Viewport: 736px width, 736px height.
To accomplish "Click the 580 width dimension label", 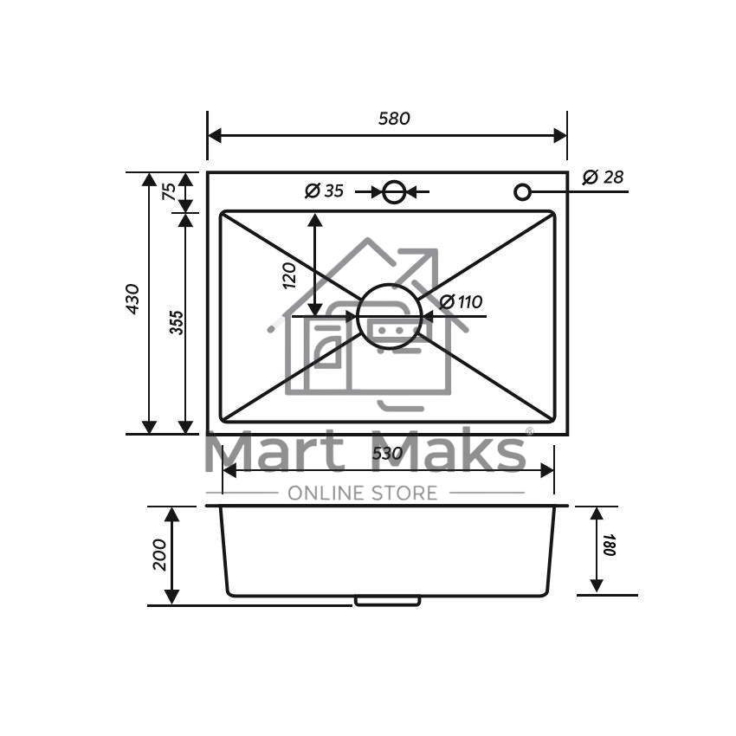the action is (x=394, y=119).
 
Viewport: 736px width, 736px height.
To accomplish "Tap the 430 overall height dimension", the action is (x=132, y=299).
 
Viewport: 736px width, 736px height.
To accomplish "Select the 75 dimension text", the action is (x=169, y=191).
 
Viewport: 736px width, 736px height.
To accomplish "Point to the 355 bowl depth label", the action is (x=177, y=322).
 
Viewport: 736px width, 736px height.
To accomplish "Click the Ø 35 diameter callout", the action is (x=325, y=190).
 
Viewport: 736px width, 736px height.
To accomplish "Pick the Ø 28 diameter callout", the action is (x=604, y=177).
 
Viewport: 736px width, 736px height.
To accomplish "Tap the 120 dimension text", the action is (x=289, y=275).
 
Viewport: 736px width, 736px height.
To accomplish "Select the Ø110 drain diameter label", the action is (x=461, y=302).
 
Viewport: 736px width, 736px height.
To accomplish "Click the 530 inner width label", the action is (x=387, y=454).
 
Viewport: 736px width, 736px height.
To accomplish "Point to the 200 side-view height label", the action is (x=159, y=555).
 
